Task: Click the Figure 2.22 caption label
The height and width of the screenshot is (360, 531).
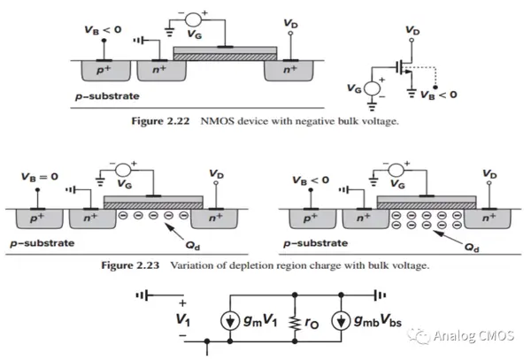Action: (160, 121)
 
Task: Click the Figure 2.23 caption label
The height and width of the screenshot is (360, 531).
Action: (130, 265)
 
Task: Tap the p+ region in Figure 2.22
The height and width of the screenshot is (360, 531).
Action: (105, 71)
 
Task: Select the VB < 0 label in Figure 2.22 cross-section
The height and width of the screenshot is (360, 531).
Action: (103, 30)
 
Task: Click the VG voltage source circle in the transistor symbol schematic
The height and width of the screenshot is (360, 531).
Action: (372, 88)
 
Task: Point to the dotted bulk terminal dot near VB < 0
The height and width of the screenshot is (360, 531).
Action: (435, 88)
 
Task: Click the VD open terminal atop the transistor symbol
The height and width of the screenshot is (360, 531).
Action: (412, 41)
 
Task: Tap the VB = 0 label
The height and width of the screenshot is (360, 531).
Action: (40, 177)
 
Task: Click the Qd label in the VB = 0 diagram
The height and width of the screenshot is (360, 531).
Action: (192, 245)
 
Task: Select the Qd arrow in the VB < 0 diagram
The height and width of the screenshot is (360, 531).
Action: (447, 238)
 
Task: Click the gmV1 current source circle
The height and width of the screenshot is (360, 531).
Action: (230, 321)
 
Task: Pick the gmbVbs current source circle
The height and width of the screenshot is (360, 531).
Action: (341, 321)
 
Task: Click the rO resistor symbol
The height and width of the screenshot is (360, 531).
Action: (295, 322)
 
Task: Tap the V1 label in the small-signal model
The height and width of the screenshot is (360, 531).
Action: (183, 319)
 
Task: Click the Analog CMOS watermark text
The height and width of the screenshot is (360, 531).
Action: (473, 336)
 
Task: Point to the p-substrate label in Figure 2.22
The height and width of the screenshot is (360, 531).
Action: (107, 96)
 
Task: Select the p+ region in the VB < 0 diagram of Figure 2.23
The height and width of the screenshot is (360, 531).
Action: (313, 218)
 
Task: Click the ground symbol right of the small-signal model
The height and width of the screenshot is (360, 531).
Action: (381, 295)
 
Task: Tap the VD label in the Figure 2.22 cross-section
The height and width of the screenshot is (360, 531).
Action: (290, 24)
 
